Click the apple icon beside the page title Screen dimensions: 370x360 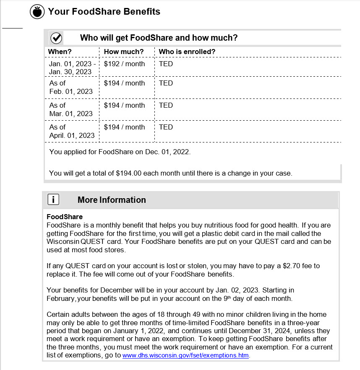pos(37,12)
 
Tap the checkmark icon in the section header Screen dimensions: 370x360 pos(56,38)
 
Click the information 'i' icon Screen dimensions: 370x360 pos(53,199)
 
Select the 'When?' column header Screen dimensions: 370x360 pos(60,52)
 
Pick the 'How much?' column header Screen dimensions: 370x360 pos(124,52)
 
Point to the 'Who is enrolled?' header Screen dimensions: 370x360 pos(187,52)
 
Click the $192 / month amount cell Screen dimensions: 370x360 pos(124,64)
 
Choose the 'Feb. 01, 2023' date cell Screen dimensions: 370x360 pos(71,91)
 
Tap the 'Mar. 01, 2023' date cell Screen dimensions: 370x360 pos(71,114)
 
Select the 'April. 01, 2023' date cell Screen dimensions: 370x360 pos(72,135)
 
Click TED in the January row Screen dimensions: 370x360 pos(166,64)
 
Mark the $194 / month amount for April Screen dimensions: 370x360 pos(124,127)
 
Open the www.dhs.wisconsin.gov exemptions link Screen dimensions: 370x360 pos(185,355)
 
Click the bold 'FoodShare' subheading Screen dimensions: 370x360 pos(65,217)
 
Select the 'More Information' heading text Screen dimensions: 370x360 pos(112,200)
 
